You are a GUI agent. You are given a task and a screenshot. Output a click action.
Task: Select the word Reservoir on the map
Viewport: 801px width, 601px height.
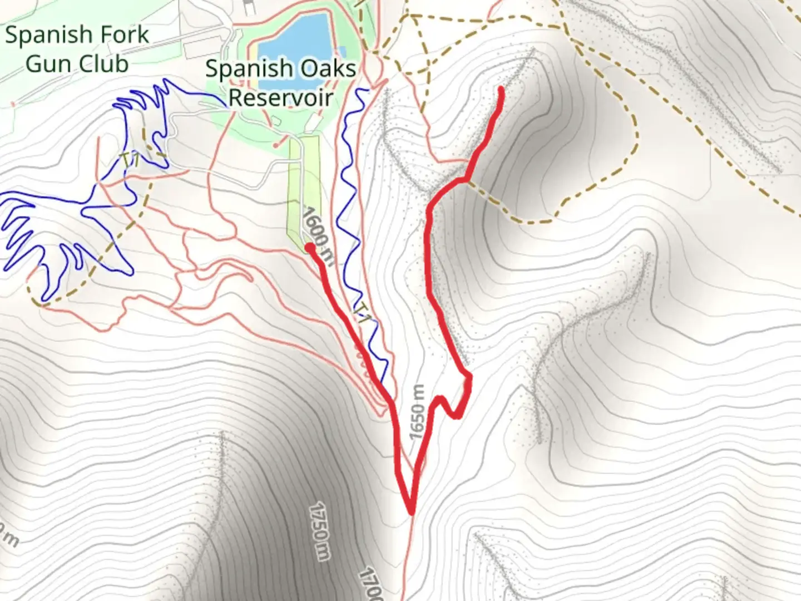[x=281, y=97]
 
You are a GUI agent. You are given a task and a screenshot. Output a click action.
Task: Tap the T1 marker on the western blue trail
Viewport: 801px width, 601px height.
[x=131, y=159]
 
